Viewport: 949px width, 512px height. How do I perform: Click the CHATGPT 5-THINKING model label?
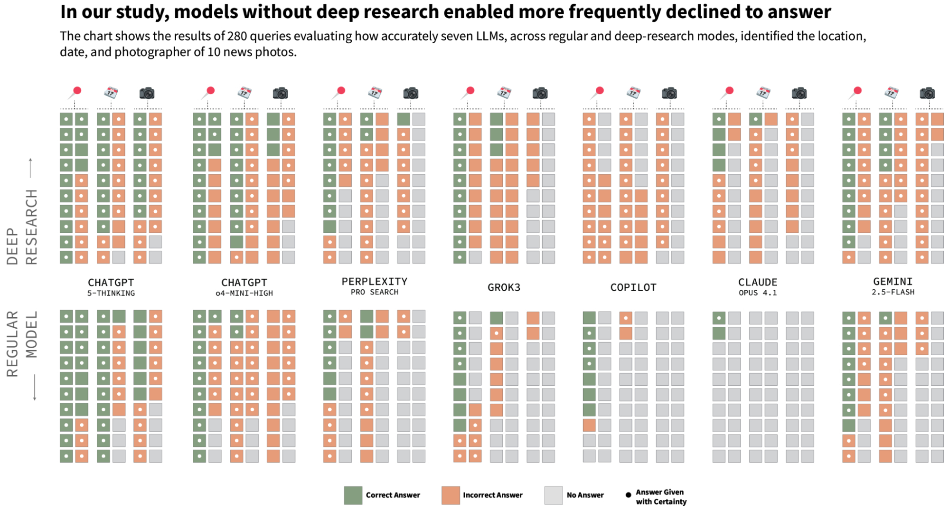point(111,283)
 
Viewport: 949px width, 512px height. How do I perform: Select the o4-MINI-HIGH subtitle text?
point(244,294)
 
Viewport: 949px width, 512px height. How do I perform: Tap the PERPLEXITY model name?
point(374,282)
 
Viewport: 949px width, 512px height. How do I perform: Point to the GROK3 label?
point(504,287)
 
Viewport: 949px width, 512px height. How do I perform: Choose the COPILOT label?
point(633,287)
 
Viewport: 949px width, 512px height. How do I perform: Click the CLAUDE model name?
point(758,283)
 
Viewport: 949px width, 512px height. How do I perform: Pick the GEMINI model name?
point(893,282)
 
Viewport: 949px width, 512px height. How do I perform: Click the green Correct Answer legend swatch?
point(353,495)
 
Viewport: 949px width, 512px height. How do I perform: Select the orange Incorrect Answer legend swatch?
point(451,495)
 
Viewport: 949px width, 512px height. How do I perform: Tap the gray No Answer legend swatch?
point(553,495)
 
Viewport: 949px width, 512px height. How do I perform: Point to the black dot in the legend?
point(628,495)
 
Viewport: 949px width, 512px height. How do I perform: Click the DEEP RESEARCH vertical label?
point(22,227)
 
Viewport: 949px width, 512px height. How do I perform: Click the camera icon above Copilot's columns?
point(669,93)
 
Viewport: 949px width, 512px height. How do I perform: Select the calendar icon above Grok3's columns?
point(504,92)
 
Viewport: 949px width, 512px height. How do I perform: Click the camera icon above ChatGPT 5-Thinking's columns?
point(147,93)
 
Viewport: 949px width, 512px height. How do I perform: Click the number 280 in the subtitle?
point(237,36)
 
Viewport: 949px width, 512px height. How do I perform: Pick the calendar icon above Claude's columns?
point(763,92)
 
